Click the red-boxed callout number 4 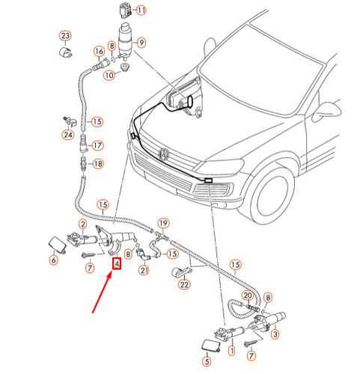116,263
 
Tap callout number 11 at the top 141,10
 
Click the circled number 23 65,36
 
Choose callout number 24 68,135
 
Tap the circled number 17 98,145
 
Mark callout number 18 98,163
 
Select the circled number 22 184,283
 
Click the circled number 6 53,260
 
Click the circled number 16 98,52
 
